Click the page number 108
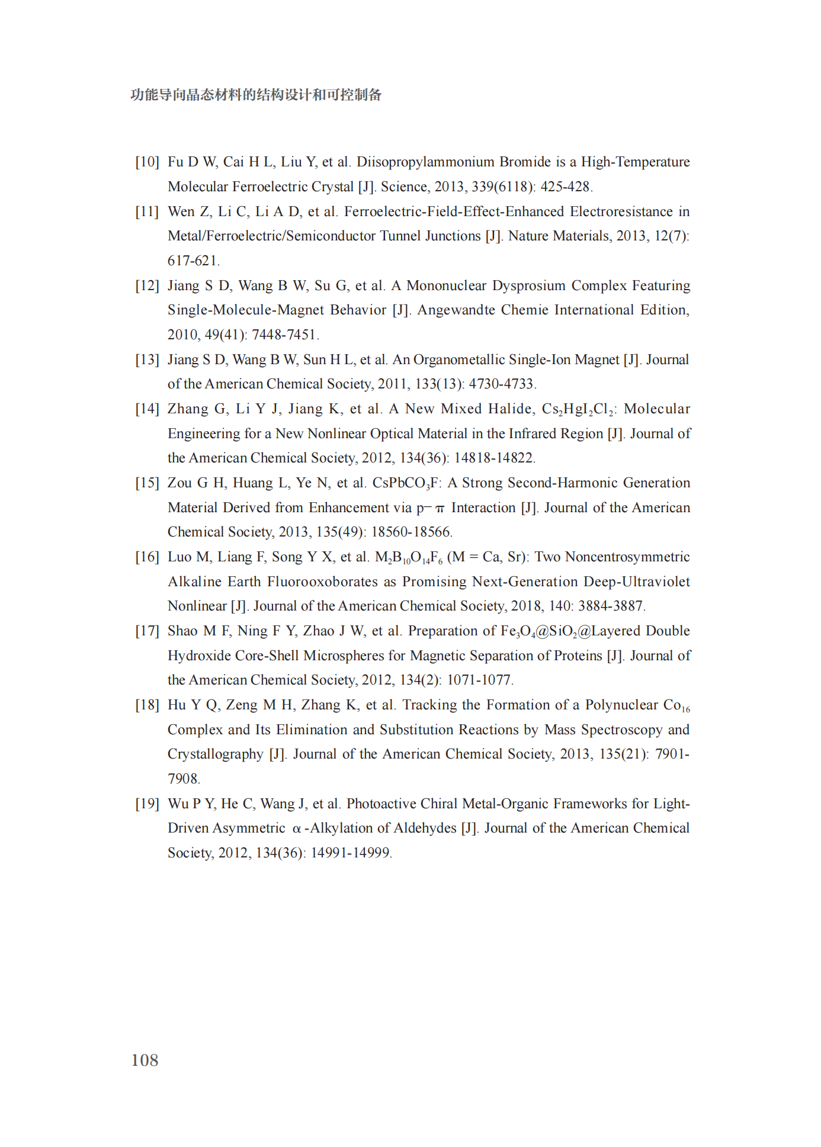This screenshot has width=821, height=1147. pos(145,1060)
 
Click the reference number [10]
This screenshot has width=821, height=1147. pos(147,162)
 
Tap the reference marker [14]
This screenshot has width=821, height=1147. pos(147,409)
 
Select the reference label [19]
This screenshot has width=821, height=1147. pos(147,804)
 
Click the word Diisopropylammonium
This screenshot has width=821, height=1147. pos(425,162)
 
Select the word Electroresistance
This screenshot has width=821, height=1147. pos(621,212)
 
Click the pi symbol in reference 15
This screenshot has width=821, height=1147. pos(439,509)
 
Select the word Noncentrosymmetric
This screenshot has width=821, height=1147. pos(627,557)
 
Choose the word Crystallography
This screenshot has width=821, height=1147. pos(215,754)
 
